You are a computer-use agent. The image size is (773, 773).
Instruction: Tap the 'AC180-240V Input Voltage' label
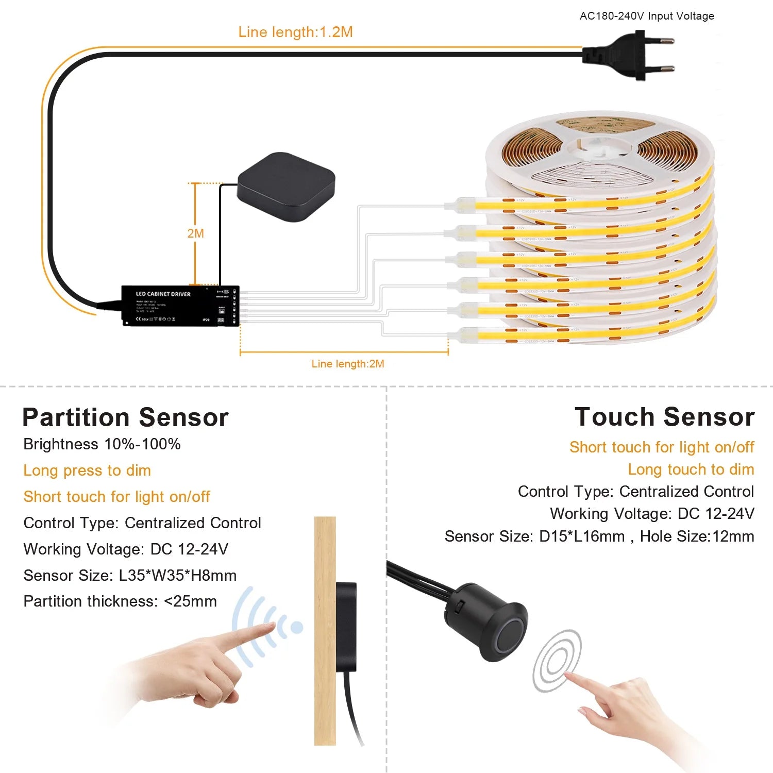point(647,16)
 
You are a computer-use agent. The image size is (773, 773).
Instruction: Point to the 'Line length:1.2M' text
point(295,32)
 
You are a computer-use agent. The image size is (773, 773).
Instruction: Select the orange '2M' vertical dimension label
point(196,233)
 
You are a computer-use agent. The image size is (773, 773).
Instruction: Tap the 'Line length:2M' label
point(348,364)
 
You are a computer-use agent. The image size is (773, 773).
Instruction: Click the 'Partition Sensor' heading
point(125,417)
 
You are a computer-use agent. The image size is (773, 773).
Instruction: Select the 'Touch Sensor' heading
point(664,417)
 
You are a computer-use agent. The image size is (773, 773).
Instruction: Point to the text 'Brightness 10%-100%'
point(102,444)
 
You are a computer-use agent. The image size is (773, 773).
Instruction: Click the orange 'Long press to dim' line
point(87,470)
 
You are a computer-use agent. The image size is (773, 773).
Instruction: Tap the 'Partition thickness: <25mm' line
point(120,601)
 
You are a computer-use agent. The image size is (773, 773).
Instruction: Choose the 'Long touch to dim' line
point(691,469)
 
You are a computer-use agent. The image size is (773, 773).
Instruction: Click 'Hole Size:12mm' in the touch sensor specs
point(697,536)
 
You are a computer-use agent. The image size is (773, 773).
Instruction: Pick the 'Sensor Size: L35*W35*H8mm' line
point(130,575)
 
